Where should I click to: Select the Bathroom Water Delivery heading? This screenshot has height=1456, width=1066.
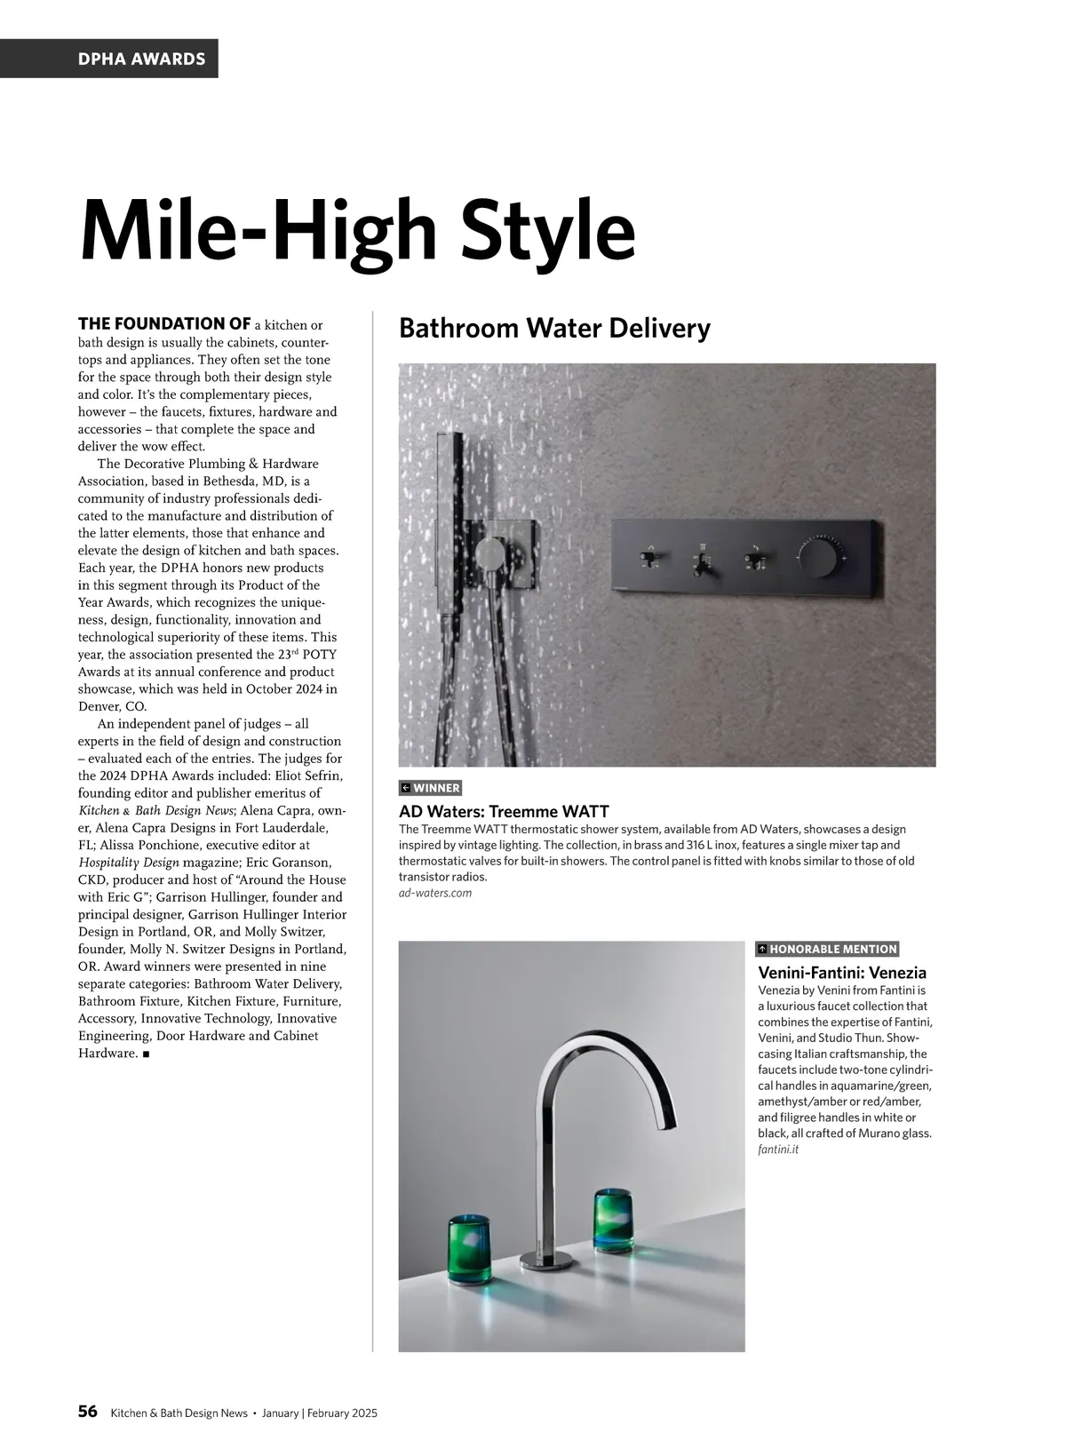click(x=554, y=329)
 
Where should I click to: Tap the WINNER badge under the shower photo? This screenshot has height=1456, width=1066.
click(x=431, y=788)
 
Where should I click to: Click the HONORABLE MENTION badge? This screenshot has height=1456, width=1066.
click(x=827, y=949)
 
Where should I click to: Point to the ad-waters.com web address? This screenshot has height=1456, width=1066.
click(x=435, y=893)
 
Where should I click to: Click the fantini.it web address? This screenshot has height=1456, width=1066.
click(x=778, y=1150)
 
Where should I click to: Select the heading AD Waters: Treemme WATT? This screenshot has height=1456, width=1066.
click(x=504, y=811)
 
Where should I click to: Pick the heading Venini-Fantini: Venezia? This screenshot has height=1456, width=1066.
click(x=841, y=972)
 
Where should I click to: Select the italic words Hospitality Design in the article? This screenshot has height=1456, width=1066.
click(x=129, y=863)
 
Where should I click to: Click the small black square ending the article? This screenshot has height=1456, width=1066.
click(x=145, y=1054)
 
